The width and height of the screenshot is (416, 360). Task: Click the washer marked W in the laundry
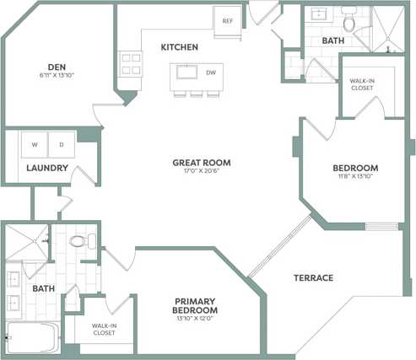[35, 144]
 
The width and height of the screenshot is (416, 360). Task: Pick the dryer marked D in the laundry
[61, 144]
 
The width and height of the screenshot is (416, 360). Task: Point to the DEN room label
[57, 67]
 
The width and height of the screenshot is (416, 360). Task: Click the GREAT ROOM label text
[202, 163]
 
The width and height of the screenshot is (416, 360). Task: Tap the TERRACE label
[313, 277]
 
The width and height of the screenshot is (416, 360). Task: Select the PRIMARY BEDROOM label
[195, 306]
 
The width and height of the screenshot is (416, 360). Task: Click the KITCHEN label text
[180, 47]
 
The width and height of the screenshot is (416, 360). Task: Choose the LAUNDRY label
[46, 168]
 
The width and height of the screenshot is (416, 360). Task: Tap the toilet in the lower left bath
[78, 242]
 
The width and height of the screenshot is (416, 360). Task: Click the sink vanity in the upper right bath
[320, 14]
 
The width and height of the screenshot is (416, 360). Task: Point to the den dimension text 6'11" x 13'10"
[57, 76]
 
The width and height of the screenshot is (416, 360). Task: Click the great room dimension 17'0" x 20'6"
[202, 172]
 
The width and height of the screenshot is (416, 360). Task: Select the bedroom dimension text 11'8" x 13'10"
[354, 176]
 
